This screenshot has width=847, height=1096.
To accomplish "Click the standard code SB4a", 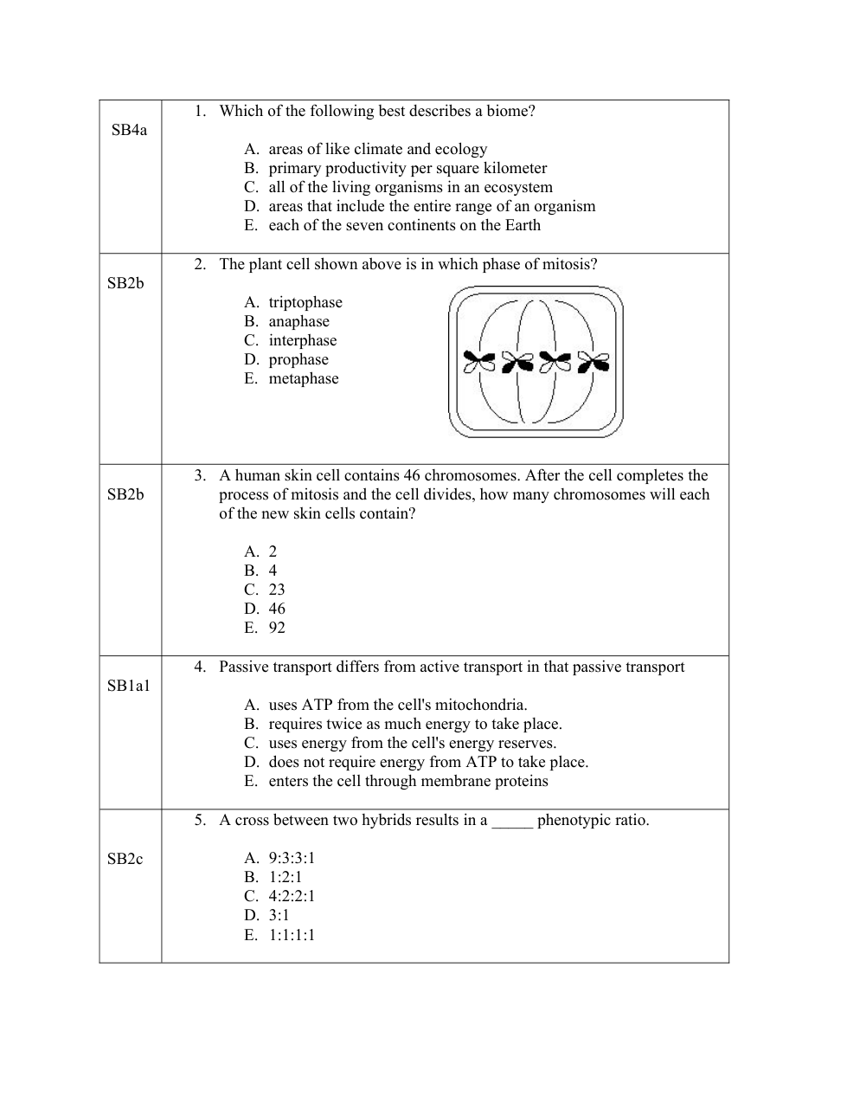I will [129, 131].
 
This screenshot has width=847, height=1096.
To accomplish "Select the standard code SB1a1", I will [128, 687].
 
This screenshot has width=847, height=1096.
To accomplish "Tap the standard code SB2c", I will [125, 859].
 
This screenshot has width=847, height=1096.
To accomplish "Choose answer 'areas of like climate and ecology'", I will [377, 150].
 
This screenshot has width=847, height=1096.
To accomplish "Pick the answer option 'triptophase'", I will [305, 303].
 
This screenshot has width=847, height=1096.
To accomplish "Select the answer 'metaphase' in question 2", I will [303, 379].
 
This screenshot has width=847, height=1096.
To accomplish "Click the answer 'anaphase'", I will [298, 322].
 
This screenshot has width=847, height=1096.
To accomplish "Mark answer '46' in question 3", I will [277, 609].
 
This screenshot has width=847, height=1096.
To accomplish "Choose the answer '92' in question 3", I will [277, 629].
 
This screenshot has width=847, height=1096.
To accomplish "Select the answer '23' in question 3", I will [277, 590].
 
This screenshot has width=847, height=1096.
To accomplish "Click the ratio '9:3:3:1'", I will [292, 859].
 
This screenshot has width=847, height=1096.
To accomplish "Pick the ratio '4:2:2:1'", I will [292, 897].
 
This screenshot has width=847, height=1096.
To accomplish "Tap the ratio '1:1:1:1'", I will [292, 935].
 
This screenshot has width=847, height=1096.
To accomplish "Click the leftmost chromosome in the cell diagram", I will [478, 362].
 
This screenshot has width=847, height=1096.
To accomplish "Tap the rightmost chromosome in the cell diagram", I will [594, 362].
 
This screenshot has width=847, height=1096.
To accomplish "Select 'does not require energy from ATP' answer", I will [428, 763].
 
